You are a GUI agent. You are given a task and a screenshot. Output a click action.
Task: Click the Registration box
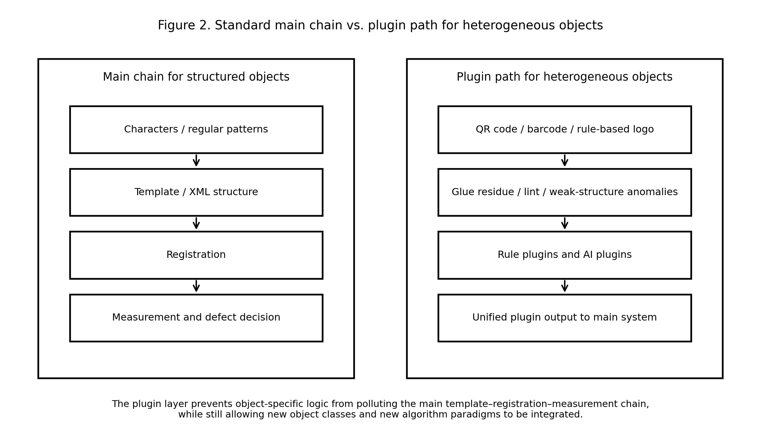(x=196, y=255)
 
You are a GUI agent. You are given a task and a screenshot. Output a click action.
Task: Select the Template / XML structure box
(x=196, y=192)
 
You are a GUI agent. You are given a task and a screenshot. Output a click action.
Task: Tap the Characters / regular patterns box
(x=196, y=129)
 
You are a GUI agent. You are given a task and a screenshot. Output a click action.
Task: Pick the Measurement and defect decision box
(x=196, y=318)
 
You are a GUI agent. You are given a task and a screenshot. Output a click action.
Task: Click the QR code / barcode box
(x=564, y=129)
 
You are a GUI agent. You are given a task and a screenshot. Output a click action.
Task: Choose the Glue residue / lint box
(x=564, y=192)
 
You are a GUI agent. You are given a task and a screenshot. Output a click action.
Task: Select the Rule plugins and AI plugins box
(x=564, y=255)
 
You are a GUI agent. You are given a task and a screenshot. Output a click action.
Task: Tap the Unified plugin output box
(x=564, y=318)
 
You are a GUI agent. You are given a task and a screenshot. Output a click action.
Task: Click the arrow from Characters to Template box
(x=196, y=161)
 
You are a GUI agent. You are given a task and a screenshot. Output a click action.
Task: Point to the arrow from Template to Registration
(x=196, y=224)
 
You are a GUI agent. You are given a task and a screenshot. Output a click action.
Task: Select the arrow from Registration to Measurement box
(x=196, y=286)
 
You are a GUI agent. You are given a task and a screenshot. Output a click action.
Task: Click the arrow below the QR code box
(x=565, y=161)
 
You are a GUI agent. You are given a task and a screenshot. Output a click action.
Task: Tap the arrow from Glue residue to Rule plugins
(x=565, y=224)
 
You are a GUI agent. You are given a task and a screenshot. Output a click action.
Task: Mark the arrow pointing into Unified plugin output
(x=565, y=286)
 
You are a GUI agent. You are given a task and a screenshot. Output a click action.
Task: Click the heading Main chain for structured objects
(x=196, y=77)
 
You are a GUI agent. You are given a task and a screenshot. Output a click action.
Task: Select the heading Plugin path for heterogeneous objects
(x=564, y=77)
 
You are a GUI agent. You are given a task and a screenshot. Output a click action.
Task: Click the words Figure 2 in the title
(x=184, y=25)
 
